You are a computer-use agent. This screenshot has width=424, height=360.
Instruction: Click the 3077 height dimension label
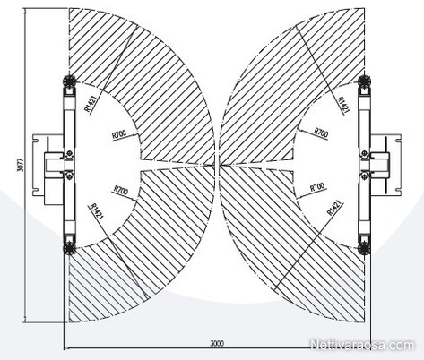[21, 165]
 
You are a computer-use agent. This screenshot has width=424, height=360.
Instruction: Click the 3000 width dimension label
[217, 343]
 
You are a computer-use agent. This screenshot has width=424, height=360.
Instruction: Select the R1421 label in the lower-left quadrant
[97, 212]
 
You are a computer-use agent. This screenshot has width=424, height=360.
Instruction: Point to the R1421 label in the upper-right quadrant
[343, 105]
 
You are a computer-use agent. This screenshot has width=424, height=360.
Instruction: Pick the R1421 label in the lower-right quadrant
[334, 208]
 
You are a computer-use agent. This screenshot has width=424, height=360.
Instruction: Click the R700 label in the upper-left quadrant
[119, 134]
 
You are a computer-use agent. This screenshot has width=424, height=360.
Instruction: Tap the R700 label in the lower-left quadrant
[121, 190]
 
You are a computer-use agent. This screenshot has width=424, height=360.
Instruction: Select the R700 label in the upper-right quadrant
[321, 133]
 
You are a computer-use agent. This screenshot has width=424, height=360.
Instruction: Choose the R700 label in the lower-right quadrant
[317, 187]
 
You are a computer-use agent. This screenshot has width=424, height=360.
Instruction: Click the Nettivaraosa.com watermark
[363, 345]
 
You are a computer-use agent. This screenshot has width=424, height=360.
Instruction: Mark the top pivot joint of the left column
[69, 81]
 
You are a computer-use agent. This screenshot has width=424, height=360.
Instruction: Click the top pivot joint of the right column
[365, 81]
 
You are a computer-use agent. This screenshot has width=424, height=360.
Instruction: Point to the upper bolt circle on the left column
[70, 153]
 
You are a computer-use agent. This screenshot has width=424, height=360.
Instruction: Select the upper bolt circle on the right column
[364, 153]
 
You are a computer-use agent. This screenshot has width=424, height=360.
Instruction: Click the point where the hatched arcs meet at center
[217, 165]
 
